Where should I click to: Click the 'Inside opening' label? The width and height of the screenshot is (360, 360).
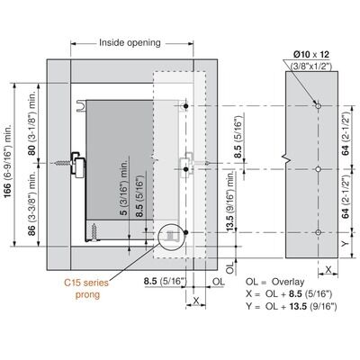coord(130,42)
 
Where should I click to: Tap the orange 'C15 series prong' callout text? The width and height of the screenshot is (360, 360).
coord(86,288)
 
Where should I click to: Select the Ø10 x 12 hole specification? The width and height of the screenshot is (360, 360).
coord(311,55)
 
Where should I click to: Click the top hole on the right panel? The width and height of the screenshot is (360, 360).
coord(319,106)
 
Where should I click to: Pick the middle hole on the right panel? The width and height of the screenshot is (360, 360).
coord(319,169)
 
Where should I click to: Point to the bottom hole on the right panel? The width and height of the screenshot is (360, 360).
coord(319,232)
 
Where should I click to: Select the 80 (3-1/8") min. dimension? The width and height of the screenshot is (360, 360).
coord(32,123)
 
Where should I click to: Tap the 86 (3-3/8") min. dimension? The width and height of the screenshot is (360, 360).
coord(32,203)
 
